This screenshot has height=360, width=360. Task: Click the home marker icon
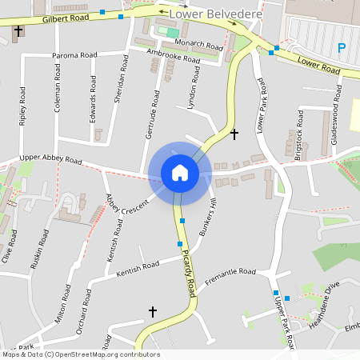coord(180,173)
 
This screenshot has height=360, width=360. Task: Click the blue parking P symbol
coord(342,48)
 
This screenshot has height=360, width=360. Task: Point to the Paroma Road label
coord(74,55)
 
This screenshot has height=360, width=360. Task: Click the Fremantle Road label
coord(230,277)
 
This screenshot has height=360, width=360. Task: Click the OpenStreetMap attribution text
coord(81,354)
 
